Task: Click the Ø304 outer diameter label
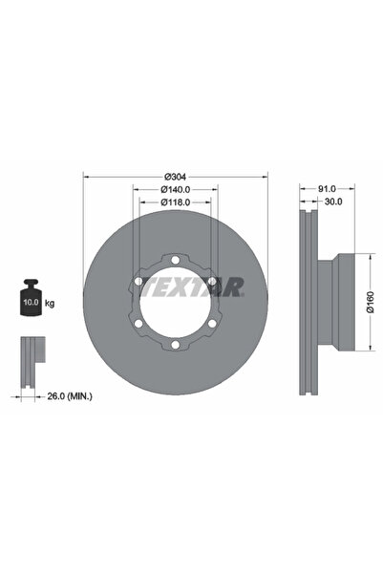[175, 176]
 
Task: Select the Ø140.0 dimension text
[175, 189]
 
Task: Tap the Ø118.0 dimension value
[175, 202]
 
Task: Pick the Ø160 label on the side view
[371, 304]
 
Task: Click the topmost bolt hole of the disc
[175, 258]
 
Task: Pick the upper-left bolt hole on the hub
[138, 280]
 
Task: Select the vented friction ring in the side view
[308, 303]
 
